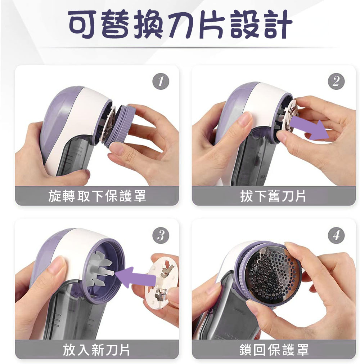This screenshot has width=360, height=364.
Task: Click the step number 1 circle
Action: [161, 81]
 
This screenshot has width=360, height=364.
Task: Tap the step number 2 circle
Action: [336, 81]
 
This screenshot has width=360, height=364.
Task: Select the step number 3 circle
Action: [161, 235]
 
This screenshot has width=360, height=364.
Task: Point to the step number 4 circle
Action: [336, 235]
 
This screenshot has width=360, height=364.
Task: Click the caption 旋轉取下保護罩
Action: [97, 196]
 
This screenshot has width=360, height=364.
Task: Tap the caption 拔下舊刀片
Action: [273, 196]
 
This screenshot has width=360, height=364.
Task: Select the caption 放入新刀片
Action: [96, 350]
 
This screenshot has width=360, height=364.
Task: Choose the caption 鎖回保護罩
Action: [274, 350]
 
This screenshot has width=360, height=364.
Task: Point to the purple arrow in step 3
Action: [135, 277]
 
